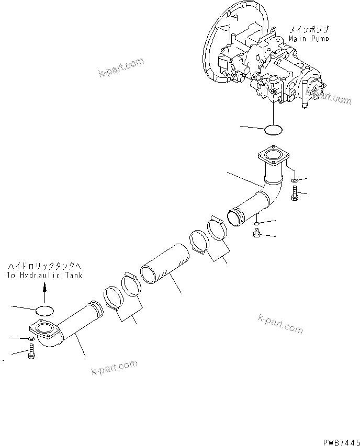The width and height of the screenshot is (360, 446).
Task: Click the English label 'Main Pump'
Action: coord(309,39)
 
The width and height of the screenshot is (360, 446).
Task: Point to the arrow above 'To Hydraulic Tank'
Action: coord(44,287)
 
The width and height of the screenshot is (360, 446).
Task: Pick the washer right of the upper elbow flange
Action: coord(295,181)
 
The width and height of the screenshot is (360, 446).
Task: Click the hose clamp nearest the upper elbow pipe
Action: coord(218,228)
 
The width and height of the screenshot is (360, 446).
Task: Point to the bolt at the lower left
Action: coord(30,354)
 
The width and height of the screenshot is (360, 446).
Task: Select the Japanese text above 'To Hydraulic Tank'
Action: coord(44,267)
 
